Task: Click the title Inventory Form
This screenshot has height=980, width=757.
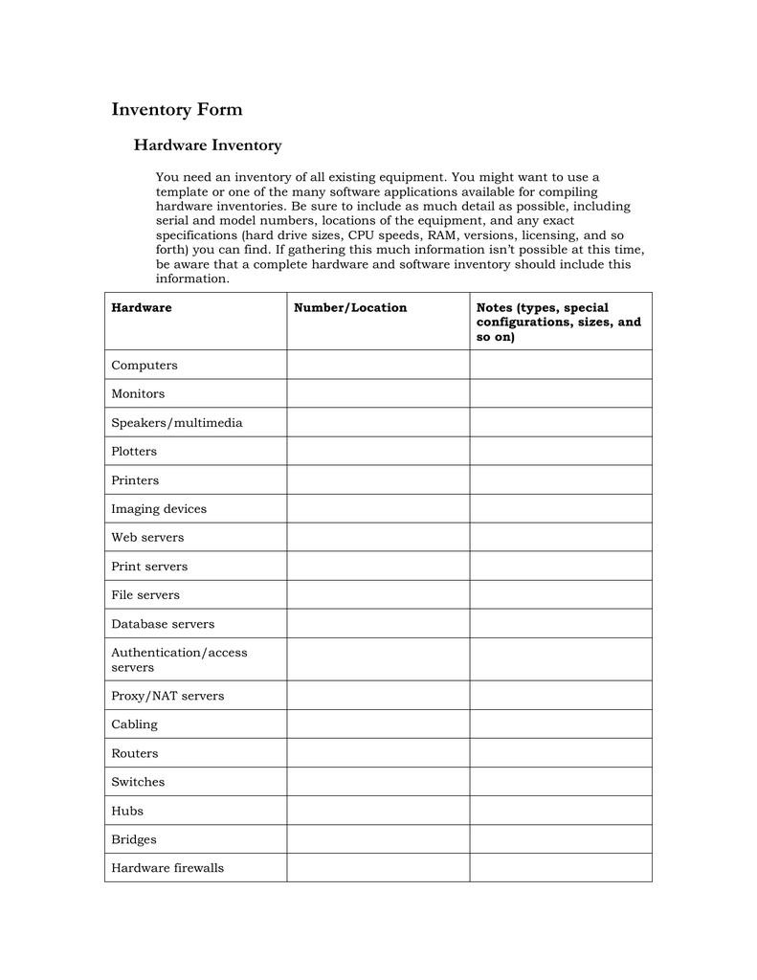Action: click(x=177, y=110)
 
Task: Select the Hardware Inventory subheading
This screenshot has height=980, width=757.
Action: click(x=207, y=145)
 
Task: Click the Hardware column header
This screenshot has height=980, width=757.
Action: click(x=142, y=308)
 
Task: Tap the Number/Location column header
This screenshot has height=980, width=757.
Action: click(x=350, y=308)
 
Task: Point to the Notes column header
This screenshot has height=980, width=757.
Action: click(x=559, y=323)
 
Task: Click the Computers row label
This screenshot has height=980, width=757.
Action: click(x=145, y=366)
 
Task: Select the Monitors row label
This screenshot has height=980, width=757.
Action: click(x=138, y=394)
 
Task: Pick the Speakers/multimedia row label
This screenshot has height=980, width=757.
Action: click(x=177, y=423)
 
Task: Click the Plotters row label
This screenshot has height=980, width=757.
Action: click(x=134, y=452)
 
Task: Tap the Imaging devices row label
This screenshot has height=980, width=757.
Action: click(x=159, y=509)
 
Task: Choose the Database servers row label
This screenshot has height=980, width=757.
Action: click(x=163, y=624)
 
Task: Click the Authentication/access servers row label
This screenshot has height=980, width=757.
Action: click(x=179, y=659)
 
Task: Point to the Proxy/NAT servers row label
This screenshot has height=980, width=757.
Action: click(x=167, y=696)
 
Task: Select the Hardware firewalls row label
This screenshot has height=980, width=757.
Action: click(x=167, y=868)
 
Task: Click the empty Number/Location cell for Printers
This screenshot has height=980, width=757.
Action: click(x=378, y=480)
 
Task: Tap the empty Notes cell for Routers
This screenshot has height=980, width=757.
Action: click(x=560, y=753)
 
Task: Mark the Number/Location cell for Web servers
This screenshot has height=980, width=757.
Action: click(x=378, y=538)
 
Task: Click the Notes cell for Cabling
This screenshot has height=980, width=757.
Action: click(x=560, y=724)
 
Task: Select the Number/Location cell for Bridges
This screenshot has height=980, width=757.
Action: click(x=378, y=839)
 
